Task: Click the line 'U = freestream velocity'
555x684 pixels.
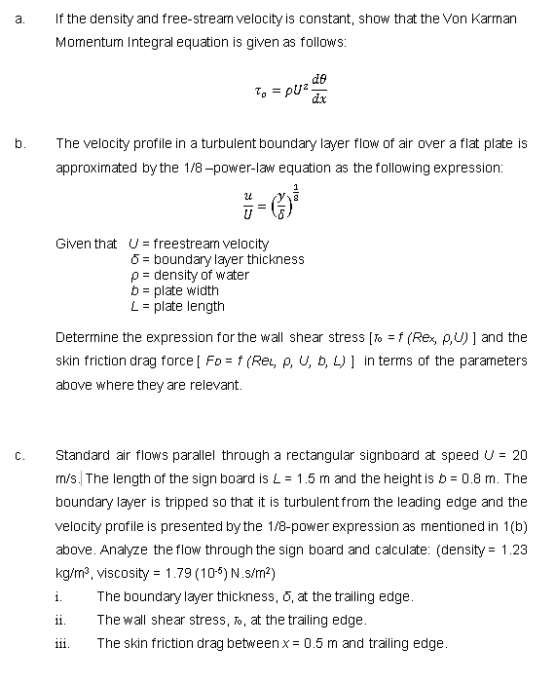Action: pyautogui.click(x=199, y=244)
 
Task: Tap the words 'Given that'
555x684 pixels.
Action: pyautogui.click(x=87, y=244)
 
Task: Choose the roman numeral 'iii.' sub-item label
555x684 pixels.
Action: pyautogui.click(x=62, y=643)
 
